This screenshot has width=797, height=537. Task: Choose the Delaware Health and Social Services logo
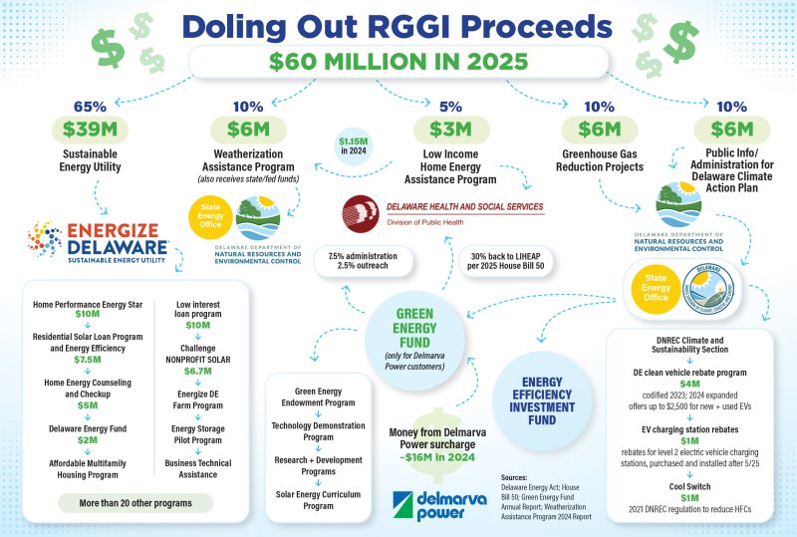[x=443, y=212]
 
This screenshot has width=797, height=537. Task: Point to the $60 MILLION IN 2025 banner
[x=398, y=62]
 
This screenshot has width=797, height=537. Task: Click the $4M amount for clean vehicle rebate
[x=689, y=383]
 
